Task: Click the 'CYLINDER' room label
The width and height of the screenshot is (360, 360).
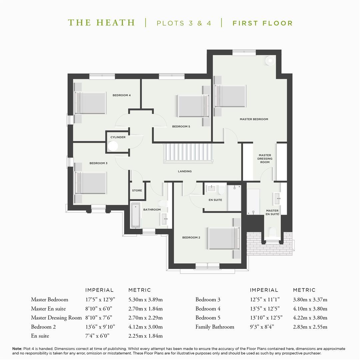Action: tap(118, 137)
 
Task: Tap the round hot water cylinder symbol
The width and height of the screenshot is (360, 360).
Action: tap(113, 146)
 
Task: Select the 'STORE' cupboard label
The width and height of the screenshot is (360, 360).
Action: tap(137, 191)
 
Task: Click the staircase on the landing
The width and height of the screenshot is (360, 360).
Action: tap(188, 153)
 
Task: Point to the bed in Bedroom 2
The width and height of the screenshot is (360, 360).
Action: tap(224, 238)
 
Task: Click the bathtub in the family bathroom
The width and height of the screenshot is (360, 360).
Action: tap(136, 215)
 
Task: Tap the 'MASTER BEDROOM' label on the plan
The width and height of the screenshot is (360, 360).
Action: tap(254, 119)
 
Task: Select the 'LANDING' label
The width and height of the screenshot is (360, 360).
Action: tap(185, 171)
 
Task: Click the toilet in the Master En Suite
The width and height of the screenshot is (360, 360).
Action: tap(272, 232)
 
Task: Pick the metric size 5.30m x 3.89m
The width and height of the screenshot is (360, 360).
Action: tap(146, 300)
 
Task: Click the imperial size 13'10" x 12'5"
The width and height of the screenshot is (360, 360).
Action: tap(266, 318)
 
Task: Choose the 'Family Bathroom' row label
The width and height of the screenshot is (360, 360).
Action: tap(215, 327)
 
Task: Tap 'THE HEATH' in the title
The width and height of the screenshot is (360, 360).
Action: tap(101, 23)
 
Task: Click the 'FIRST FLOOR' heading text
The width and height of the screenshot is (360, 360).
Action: tap(263, 23)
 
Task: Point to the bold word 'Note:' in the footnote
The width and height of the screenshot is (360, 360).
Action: tap(17, 349)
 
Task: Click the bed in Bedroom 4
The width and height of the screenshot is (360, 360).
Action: tap(90, 103)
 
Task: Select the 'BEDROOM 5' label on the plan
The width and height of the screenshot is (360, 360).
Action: tap(181, 127)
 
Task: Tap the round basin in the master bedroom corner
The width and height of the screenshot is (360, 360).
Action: tap(270, 61)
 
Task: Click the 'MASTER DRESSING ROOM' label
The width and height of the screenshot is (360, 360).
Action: tap(265, 159)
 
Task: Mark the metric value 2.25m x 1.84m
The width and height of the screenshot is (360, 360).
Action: tap(146, 336)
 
